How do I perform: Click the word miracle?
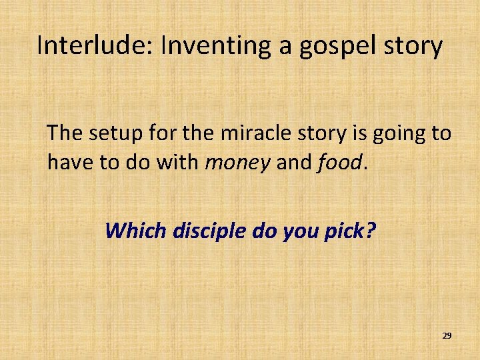[251, 133]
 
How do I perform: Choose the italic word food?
[339, 161]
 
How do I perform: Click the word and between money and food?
[293, 161]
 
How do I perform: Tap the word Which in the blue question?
[136, 231]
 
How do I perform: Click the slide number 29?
[447, 336]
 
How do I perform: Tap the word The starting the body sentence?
[64, 133]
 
